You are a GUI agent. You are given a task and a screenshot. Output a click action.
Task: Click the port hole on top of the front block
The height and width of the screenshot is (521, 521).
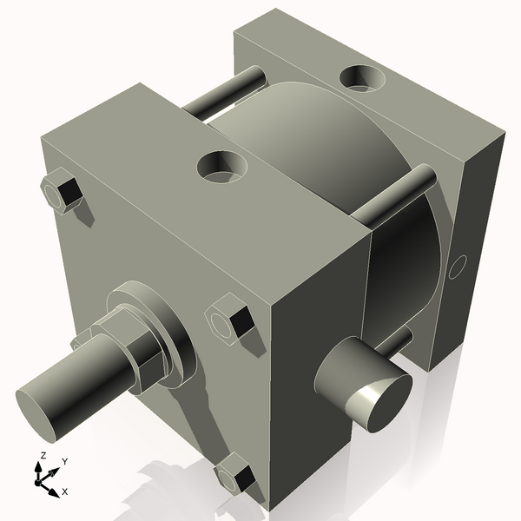pyautogui.click(x=222, y=166)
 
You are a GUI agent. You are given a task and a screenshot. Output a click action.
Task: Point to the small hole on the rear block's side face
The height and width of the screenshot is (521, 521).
pyautogui.click(x=456, y=268)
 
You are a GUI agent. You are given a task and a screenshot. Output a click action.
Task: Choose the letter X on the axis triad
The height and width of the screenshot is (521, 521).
pyautogui.click(x=64, y=491)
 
